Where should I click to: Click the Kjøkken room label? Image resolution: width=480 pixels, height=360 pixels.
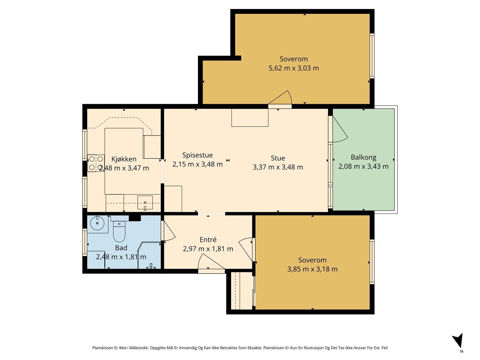pyautogui.click(x=124, y=159)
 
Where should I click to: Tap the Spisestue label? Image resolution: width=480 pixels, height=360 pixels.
pyautogui.click(x=197, y=155)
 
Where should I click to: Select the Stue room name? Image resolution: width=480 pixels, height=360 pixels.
pyautogui.click(x=278, y=158)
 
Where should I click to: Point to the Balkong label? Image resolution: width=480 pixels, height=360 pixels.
pyautogui.click(x=363, y=157)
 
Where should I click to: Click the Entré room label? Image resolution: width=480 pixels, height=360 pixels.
pyautogui.click(x=208, y=240)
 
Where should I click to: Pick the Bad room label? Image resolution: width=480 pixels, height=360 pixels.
pyautogui.click(x=121, y=248)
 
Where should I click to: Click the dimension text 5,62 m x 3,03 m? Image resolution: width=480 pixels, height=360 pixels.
pyautogui.click(x=293, y=68)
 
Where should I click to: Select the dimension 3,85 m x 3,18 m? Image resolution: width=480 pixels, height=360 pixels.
pyautogui.click(x=312, y=269)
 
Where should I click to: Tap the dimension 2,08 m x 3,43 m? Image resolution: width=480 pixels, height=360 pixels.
pyautogui.click(x=363, y=166)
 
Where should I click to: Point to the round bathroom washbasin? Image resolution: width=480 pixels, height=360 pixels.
pyautogui.click(x=97, y=223)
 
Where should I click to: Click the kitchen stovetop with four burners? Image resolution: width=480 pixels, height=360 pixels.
pyautogui.click(x=96, y=163)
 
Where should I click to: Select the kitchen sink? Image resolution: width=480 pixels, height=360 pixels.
pyautogui.click(x=145, y=202)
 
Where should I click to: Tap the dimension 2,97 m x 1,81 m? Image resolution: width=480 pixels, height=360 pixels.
pyautogui.click(x=208, y=249)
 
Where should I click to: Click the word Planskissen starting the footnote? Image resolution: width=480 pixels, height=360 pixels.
pyautogui.click(x=103, y=348)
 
